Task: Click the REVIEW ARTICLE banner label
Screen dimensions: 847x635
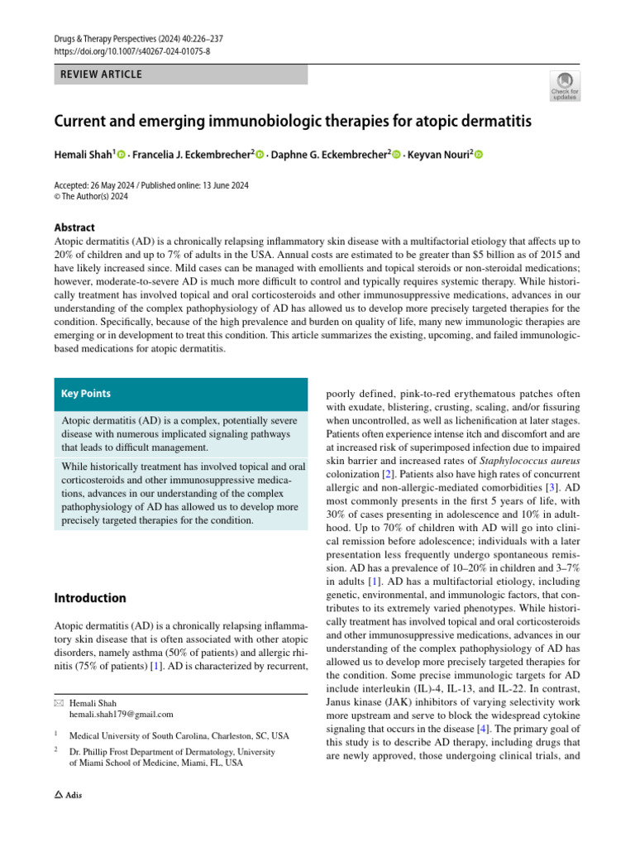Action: [x=101, y=74]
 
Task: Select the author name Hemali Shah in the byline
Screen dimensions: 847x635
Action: [x=84, y=155]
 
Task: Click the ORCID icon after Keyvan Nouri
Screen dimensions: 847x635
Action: [x=478, y=155]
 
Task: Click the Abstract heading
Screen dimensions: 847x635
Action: [x=74, y=227]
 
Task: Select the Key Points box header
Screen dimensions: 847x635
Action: [x=86, y=394]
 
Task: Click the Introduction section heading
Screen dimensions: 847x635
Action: [x=90, y=598]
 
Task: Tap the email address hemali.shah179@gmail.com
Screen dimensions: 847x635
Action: [x=121, y=714]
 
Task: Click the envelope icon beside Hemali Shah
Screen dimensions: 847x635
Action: [x=58, y=702]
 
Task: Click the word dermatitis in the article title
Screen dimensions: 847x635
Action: [x=489, y=122]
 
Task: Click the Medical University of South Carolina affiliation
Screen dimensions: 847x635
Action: [x=179, y=735]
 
